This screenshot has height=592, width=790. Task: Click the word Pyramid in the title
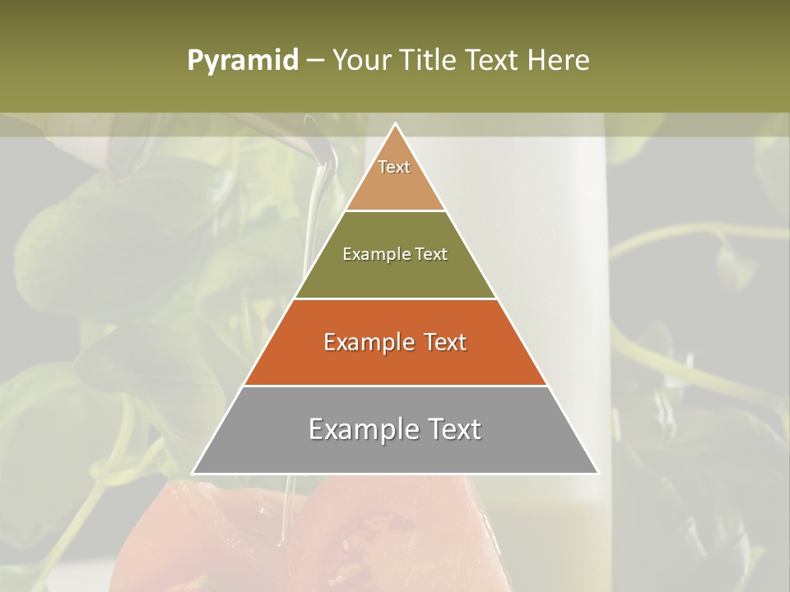pos(243,61)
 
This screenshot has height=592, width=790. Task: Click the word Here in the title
pos(558,61)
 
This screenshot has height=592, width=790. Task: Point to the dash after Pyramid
pos(314,61)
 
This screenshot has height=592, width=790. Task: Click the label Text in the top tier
pos(394,167)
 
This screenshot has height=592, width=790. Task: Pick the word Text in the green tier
pos(431,254)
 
